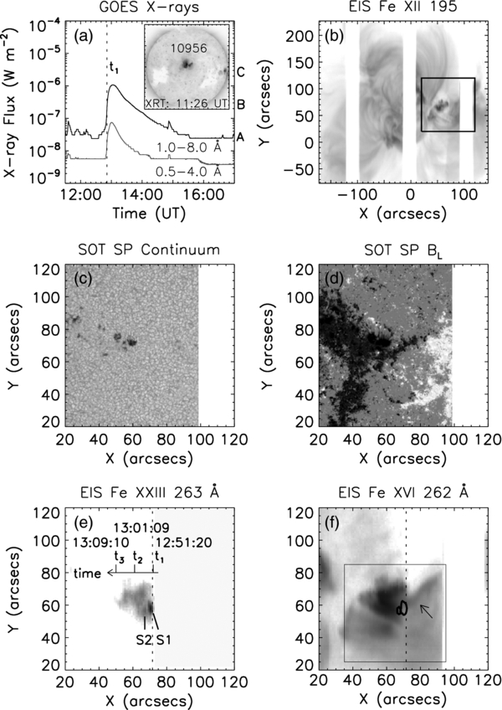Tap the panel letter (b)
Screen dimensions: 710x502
click(x=341, y=41)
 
